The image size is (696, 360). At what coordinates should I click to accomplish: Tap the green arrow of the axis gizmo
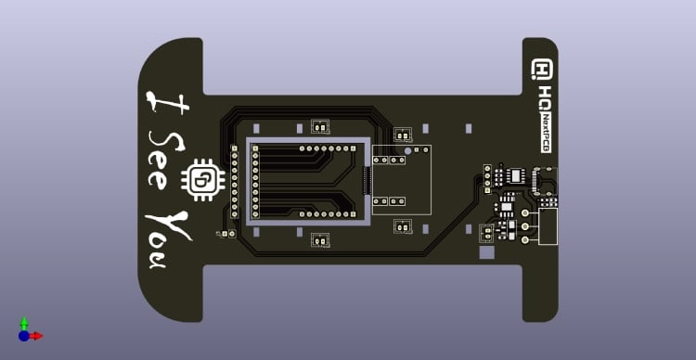coord(24,322)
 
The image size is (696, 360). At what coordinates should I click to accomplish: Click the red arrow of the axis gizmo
coord(37,336)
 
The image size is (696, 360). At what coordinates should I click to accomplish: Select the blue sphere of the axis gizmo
coord(24,336)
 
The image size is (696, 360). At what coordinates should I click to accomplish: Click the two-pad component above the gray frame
coord(320,127)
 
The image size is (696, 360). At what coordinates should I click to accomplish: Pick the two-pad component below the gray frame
coord(320,240)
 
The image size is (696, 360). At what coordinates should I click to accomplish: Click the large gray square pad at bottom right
coord(486,251)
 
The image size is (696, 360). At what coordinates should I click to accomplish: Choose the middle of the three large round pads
coord(525,225)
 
